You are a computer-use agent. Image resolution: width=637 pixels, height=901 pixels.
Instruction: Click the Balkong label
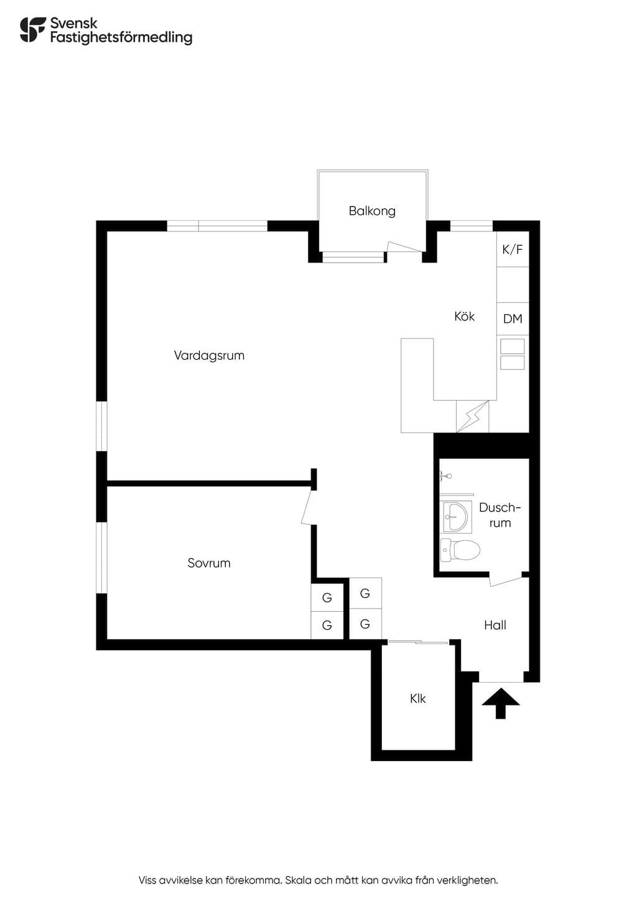click(372, 211)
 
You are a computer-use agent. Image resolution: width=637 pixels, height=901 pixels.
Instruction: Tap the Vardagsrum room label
click(209, 355)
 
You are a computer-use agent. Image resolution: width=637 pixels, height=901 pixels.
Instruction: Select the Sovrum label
click(209, 563)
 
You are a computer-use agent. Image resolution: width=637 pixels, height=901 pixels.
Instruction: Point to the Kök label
click(465, 316)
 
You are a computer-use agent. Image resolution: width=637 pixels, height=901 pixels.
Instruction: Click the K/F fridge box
click(513, 249)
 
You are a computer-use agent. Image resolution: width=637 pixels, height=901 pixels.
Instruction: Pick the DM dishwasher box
click(513, 319)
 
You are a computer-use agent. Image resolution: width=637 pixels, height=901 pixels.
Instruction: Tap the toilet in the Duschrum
click(460, 549)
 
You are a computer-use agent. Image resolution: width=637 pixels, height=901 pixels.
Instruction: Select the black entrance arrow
click(501, 703)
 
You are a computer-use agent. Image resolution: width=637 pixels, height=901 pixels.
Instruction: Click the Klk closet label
click(418, 699)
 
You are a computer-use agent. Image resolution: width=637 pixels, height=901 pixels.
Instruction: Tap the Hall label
click(495, 625)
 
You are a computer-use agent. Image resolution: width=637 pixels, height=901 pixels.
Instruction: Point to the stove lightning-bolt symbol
click(473, 416)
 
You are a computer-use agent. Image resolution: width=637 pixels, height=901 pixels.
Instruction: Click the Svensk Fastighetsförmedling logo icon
click(33, 30)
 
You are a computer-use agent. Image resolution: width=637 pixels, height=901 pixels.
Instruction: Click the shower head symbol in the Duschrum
click(445, 476)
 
